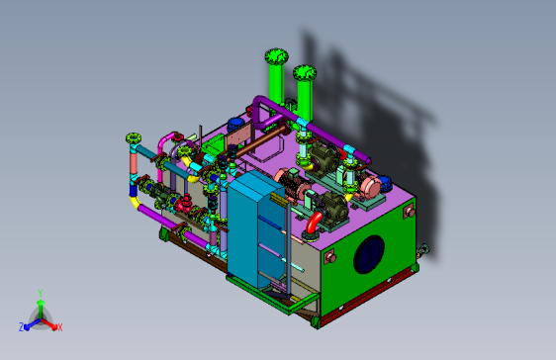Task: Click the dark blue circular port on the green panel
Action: tap(369, 254)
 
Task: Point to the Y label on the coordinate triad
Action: tap(41, 293)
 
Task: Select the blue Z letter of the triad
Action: tap(22, 327)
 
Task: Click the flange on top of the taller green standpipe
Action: tap(276, 56)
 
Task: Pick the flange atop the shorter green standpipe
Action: tap(305, 73)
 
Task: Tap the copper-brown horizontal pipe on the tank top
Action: tap(259, 141)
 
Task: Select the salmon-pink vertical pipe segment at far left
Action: tap(134, 162)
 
